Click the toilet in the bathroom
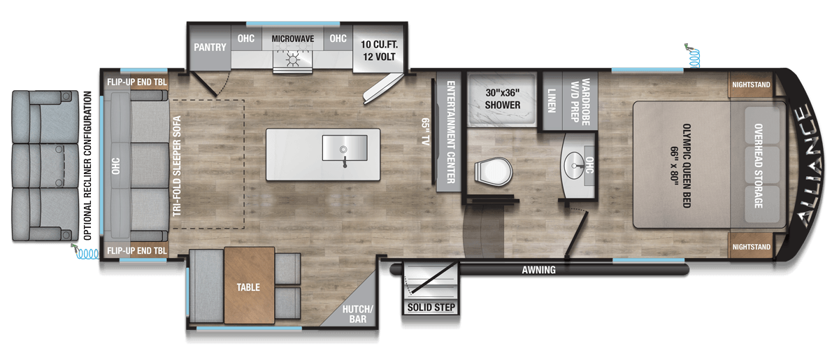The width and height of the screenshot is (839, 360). pos(493,173)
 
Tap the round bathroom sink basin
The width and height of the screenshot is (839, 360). pos(574,165)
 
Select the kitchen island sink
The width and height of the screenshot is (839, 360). pos(345,148)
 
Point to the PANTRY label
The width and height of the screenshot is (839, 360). pos(210,48)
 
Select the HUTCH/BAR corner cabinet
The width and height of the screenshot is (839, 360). pos(352,304)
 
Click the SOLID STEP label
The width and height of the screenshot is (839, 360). pos(431,308)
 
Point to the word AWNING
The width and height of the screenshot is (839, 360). pos(538,270)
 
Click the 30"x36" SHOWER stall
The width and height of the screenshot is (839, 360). pos(502,99)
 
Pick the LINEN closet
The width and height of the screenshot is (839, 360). pos(552,101)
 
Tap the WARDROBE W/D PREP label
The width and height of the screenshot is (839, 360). pos(580,101)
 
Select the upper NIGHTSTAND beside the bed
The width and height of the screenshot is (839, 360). pos(751,85)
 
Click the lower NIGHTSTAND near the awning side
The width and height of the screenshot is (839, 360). pos(751,246)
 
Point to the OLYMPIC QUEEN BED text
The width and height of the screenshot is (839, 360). pos(686,166)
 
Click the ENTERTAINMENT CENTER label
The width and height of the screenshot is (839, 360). pos(450,132)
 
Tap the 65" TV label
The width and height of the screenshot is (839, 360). pos(426,131)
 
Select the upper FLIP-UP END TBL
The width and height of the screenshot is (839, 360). pos(137,82)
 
